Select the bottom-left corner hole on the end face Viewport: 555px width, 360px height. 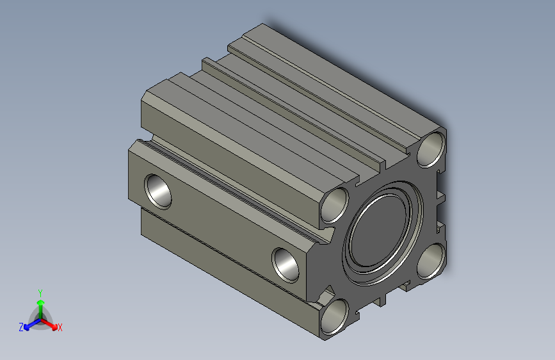pos(334,316)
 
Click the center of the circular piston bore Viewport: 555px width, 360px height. pos(383,230)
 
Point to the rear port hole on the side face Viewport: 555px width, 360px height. pos(158,190)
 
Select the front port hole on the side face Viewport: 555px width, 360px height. pos(286,263)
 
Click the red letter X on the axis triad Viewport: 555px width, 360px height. pos(60,328)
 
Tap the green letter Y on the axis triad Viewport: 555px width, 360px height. pos(40,292)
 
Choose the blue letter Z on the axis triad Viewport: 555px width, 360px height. pos(21,327)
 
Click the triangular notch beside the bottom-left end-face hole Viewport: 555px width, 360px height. pos(328,291)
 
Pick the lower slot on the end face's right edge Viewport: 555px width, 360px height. pos(441,225)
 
